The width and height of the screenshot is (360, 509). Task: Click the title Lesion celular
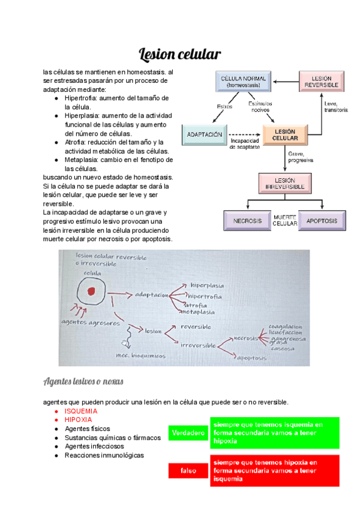[x=180, y=55]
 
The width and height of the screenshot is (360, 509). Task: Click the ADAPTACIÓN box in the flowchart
[x=205, y=135]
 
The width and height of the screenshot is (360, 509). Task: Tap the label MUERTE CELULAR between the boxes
[x=285, y=220]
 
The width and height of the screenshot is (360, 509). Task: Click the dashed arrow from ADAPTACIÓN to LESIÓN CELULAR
[x=244, y=135]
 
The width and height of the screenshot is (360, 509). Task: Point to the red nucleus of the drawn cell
[x=91, y=292]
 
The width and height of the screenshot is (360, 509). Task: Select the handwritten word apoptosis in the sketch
[x=251, y=358]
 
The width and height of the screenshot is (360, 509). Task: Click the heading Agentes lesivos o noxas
[x=83, y=382]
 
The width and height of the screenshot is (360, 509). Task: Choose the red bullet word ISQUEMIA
[x=82, y=411]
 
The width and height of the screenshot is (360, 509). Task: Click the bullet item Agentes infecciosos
[x=94, y=446]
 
